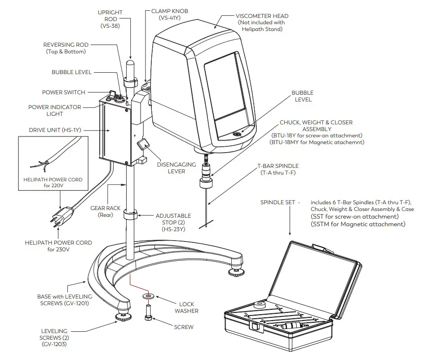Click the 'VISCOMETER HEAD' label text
[263, 16]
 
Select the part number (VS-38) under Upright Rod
[110, 26]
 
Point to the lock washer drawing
[147, 297]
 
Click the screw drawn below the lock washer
[148, 312]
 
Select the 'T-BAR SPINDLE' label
[278, 166]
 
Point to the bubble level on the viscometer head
[236, 133]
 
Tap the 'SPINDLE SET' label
[278, 202]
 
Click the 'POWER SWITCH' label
[63, 92]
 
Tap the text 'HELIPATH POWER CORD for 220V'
[53, 182]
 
